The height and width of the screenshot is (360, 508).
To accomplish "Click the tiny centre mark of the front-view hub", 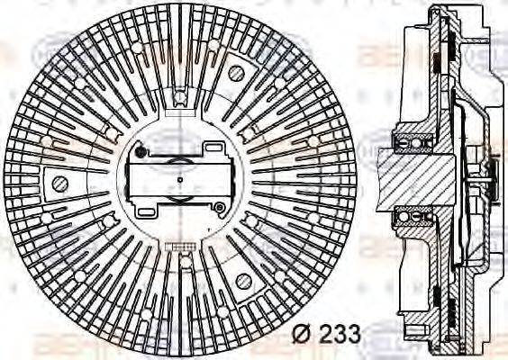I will coord(179,179).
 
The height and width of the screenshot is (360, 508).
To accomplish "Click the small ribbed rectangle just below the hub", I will coord(179,244).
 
